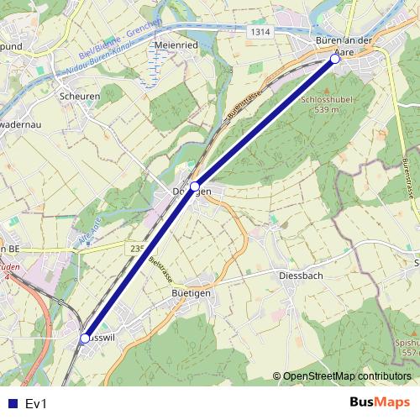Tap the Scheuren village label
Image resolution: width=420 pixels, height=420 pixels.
(80, 96)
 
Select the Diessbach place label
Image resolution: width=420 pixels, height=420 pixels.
(301, 275)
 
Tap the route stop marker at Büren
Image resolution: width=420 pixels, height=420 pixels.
(334, 59)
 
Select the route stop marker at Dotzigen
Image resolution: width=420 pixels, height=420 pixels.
(195, 186)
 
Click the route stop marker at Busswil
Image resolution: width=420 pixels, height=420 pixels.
(85, 339)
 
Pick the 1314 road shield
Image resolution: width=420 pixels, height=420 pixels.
(260, 31)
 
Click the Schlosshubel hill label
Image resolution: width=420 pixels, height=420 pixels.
(322, 98)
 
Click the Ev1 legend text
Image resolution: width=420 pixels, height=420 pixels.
(36, 403)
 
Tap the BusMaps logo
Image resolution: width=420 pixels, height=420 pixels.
(380, 402)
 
